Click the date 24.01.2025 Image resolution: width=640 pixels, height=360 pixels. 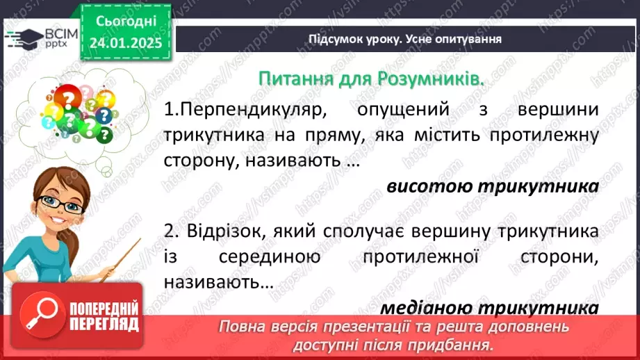click(125, 42)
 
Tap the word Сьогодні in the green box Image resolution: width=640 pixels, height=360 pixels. click(125, 22)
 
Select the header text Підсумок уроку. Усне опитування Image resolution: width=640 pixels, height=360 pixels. click(405, 39)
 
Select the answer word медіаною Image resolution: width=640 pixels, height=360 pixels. click(423, 308)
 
